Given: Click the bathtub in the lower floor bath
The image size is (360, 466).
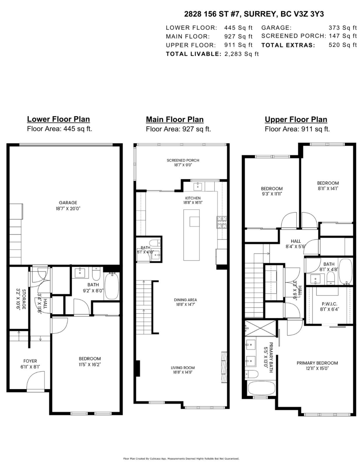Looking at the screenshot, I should (x=112, y=286).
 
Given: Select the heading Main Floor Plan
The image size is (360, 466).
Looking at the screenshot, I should (x=174, y=120).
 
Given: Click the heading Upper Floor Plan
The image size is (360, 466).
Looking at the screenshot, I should (x=296, y=120).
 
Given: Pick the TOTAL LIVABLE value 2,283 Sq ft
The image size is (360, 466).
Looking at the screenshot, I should (x=241, y=54).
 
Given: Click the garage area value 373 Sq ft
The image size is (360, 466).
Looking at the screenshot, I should (x=342, y=28).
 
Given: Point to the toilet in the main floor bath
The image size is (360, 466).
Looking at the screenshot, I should (x=154, y=243).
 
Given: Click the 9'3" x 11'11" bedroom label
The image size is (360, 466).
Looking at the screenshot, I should (x=271, y=191).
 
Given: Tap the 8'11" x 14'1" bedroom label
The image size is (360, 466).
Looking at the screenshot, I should (x=327, y=186).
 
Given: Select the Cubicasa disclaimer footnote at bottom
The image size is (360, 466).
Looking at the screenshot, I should (x=181, y=459).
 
